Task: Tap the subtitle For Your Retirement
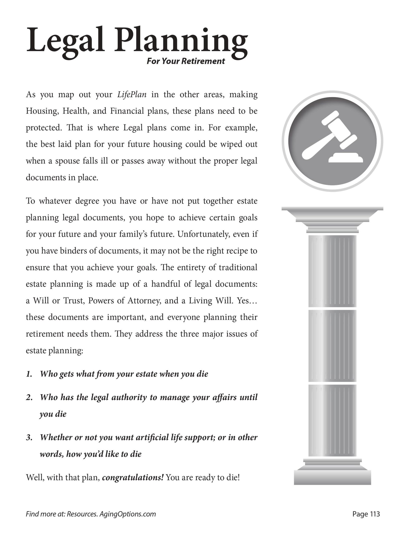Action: tap(186, 61)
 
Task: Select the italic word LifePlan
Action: tap(132, 95)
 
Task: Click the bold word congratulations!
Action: tap(133, 477)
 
